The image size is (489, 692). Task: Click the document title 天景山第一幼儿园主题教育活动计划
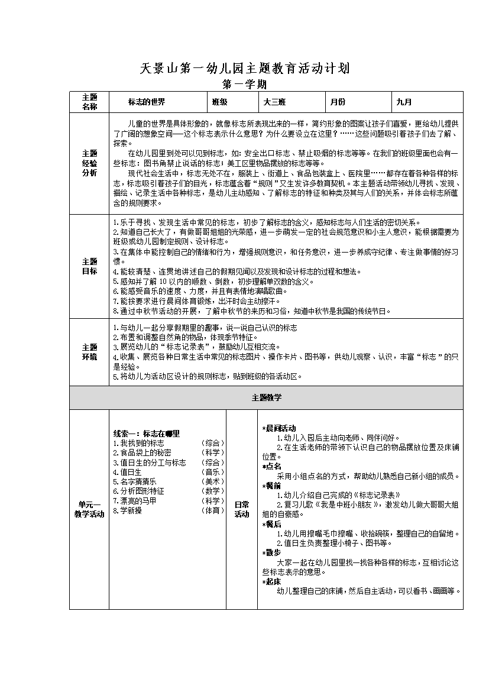click(x=245, y=68)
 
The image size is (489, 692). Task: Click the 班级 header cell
click(x=220, y=102)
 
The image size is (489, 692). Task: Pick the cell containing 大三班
click(x=274, y=102)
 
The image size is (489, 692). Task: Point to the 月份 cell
click(x=338, y=102)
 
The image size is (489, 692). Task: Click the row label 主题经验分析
click(x=89, y=163)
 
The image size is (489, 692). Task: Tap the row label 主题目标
click(x=89, y=266)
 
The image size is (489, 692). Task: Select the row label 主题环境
click(x=89, y=352)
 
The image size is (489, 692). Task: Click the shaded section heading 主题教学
click(x=266, y=397)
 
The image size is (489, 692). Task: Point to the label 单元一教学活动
click(x=89, y=509)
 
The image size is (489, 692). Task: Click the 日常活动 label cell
click(x=242, y=509)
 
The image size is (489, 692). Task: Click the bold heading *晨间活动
click(x=279, y=428)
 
